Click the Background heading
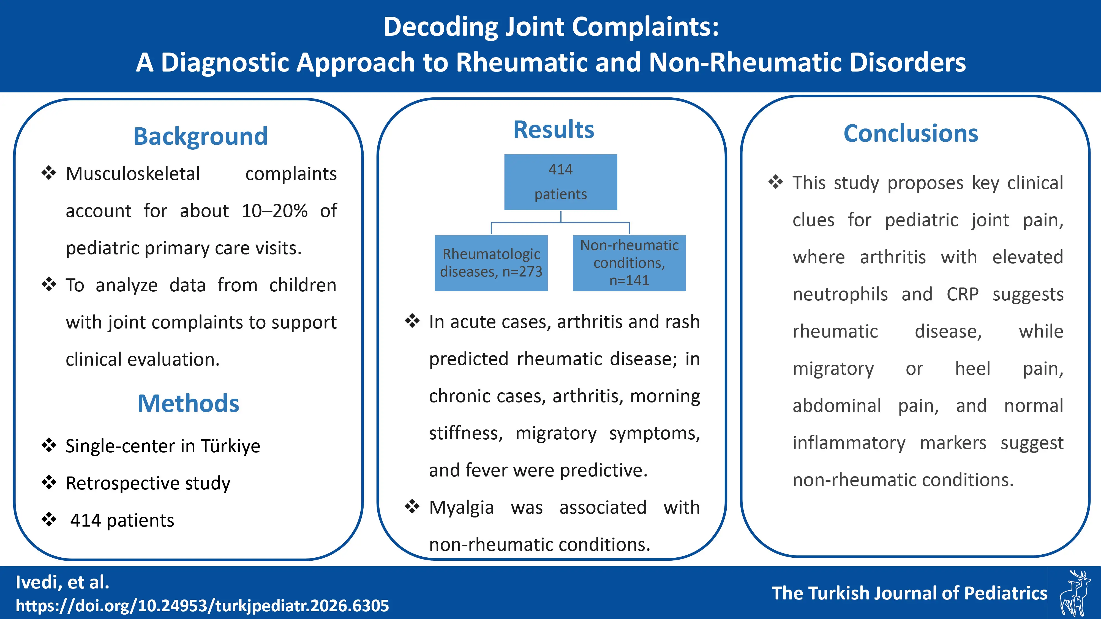coord(200,136)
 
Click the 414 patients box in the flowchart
coord(560,182)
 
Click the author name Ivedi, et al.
coord(62,582)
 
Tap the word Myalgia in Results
coord(461,508)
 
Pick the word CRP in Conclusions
coord(962,294)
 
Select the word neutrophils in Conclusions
coord(840,294)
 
